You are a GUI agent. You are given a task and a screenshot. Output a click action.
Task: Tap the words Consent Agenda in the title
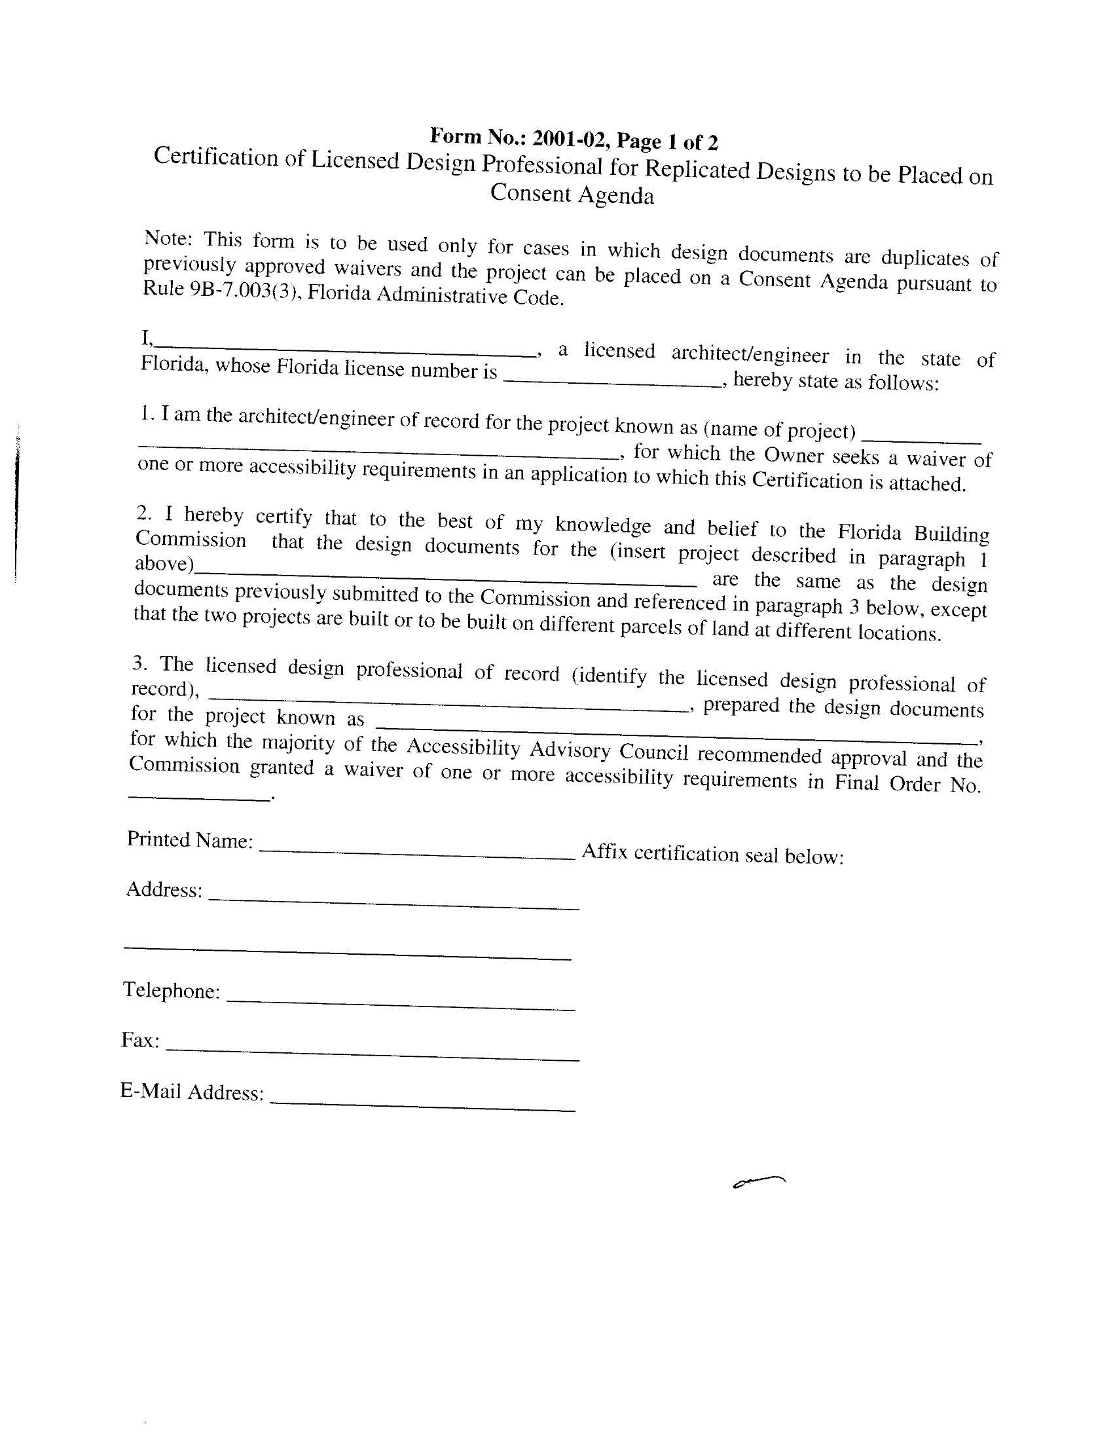[572, 194]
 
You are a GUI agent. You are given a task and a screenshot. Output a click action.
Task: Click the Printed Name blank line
[418, 851]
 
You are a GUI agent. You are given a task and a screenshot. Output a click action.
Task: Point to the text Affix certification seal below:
[713, 855]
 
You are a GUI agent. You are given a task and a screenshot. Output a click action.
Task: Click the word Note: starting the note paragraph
[168, 238]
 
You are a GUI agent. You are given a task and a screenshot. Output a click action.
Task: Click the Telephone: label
[172, 990]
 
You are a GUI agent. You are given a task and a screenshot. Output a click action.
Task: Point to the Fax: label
[141, 1041]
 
